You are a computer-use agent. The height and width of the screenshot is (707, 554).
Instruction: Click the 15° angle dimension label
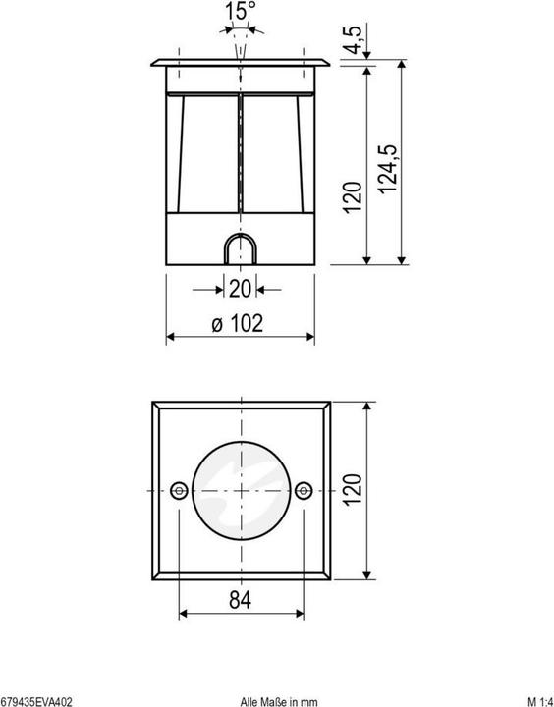click(x=241, y=11)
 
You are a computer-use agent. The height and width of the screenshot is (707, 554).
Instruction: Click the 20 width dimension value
click(x=240, y=289)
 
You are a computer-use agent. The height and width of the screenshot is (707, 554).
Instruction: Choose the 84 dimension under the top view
click(x=241, y=599)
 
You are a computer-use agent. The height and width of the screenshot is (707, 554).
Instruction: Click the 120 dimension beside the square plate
click(x=354, y=489)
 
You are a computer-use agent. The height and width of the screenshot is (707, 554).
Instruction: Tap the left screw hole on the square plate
click(x=179, y=490)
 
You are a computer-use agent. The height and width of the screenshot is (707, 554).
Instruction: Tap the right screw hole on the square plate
click(x=303, y=490)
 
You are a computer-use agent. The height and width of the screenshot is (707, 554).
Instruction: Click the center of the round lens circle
click(x=241, y=490)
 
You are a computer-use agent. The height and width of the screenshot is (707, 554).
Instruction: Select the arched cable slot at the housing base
click(x=240, y=250)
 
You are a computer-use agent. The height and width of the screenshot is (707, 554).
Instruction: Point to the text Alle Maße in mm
click(x=279, y=701)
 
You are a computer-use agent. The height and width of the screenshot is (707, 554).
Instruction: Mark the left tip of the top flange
click(x=150, y=68)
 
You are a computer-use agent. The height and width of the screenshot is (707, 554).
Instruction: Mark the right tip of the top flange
click(x=330, y=68)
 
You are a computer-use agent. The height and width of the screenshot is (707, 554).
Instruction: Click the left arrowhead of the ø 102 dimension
click(x=168, y=338)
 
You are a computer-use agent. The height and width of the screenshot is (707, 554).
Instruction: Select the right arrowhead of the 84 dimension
click(x=301, y=615)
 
